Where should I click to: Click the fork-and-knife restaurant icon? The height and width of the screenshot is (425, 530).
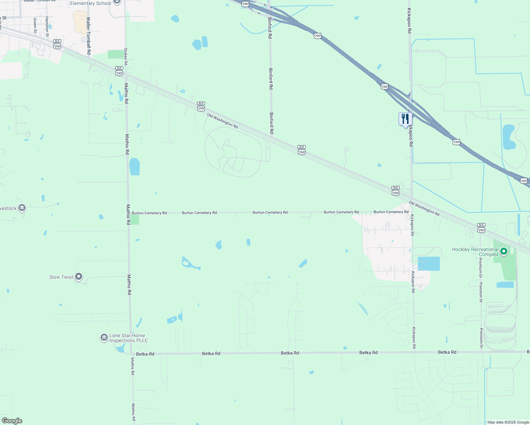pyautogui.click(x=405, y=119)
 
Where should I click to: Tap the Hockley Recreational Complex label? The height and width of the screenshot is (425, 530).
pyautogui.click(x=475, y=252)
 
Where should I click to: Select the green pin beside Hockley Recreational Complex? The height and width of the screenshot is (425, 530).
pyautogui.click(x=503, y=252)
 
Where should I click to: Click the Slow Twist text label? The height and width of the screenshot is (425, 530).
pyautogui.click(x=61, y=277)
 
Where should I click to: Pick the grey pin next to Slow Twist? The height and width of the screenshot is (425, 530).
pyautogui.click(x=79, y=277)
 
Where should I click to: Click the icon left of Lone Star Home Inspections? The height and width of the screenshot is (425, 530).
pyautogui.click(x=104, y=338)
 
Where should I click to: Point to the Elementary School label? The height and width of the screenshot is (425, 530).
pyautogui.click(x=90, y=3)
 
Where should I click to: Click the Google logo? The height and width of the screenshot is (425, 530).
pyautogui.click(x=12, y=421)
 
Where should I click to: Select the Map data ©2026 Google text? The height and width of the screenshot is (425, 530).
pyautogui.click(x=508, y=422)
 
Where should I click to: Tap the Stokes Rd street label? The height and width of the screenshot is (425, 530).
pyautogui.click(x=126, y=56)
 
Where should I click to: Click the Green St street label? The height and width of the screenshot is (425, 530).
pyautogui.click(x=35, y=25)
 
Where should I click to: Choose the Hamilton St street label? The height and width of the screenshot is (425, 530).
pyautogui.click(x=47, y=26)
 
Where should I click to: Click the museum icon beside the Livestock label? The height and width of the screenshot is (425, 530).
pyautogui.click(x=22, y=208)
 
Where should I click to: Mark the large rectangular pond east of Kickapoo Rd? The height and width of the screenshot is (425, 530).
pyautogui.click(x=429, y=264)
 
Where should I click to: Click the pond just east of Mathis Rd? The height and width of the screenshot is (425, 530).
pyautogui.click(x=135, y=166)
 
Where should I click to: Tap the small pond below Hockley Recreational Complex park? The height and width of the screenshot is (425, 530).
pyautogui.click(x=505, y=285)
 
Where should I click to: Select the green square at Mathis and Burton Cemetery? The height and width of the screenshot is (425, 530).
pyautogui.click(x=135, y=220)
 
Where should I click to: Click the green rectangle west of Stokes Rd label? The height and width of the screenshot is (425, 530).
pyautogui.click(x=115, y=54)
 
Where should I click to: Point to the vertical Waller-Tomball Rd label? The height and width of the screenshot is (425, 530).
pyautogui.click(x=88, y=35)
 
